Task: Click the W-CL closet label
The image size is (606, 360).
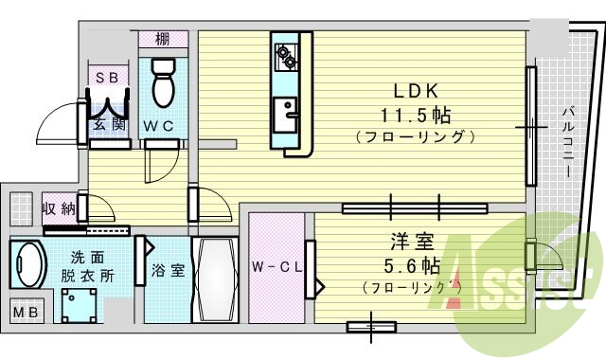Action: [276, 266]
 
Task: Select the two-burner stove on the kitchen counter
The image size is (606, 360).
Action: [285, 54]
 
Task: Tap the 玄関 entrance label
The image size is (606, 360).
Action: [107, 123]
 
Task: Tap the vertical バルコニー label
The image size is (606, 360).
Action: [565, 142]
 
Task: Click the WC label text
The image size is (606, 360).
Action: [157, 123]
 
